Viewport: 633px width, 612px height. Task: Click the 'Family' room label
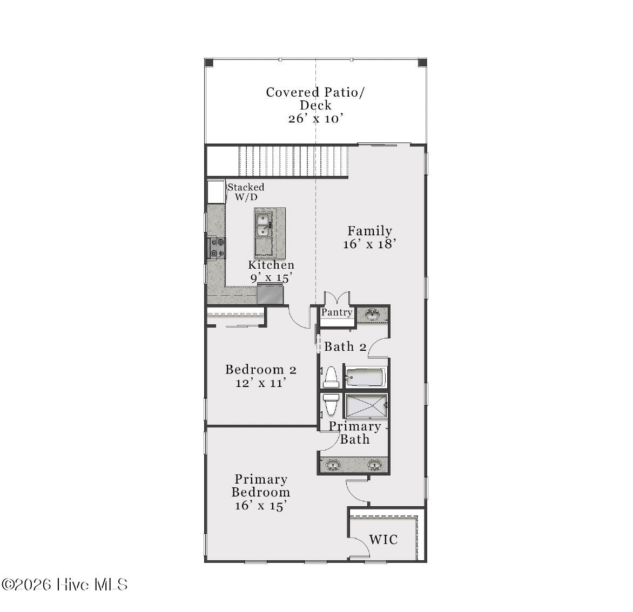pyautogui.click(x=369, y=231)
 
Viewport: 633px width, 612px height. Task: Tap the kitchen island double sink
pyautogui.click(x=263, y=225)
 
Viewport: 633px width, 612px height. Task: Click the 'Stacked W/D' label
pyautogui.click(x=246, y=192)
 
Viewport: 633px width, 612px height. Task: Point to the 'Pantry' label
pyautogui.click(x=336, y=312)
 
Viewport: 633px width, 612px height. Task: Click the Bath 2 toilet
pyautogui.click(x=330, y=377)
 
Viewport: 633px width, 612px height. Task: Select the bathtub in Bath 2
pyautogui.click(x=366, y=377)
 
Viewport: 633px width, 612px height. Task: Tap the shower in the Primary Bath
pyautogui.click(x=366, y=406)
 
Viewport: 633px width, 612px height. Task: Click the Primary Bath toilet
pyautogui.click(x=330, y=404)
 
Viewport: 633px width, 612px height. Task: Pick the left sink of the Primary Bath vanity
pyautogui.click(x=333, y=465)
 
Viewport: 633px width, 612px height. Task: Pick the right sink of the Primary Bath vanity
pyautogui.click(x=375, y=465)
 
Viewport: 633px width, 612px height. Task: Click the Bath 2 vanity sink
pyautogui.click(x=372, y=314)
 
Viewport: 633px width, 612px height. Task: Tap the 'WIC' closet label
pyautogui.click(x=383, y=539)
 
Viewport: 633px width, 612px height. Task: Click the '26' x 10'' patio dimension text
pyautogui.click(x=316, y=119)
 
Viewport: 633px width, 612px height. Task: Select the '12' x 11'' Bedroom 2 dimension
pyautogui.click(x=260, y=383)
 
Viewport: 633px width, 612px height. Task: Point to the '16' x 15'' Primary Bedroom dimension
pyautogui.click(x=260, y=506)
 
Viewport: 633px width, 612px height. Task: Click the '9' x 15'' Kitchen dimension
pyautogui.click(x=271, y=278)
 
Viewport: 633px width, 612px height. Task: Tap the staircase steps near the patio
pyautogui.click(x=293, y=161)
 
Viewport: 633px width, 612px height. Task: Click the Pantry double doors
pyautogui.click(x=336, y=298)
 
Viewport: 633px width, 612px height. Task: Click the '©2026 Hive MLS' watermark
pyautogui.click(x=65, y=584)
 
